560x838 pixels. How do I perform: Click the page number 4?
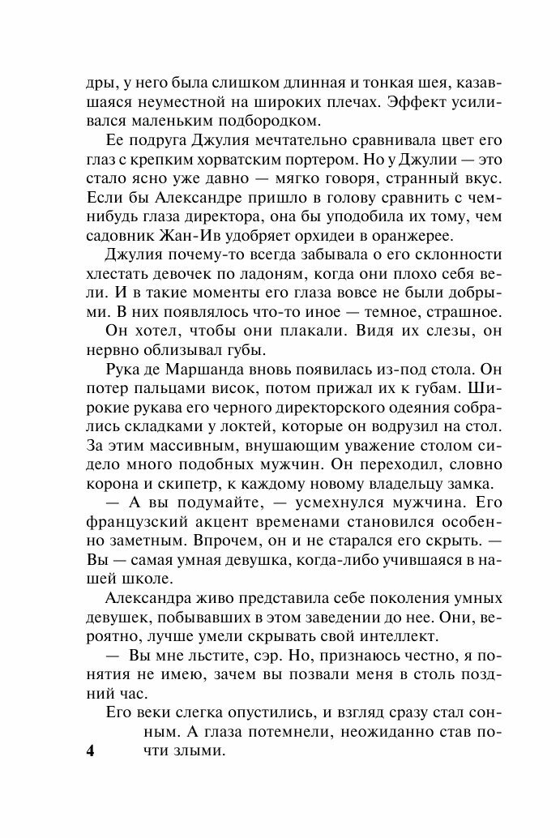point(90,751)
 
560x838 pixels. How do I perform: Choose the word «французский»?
point(134,522)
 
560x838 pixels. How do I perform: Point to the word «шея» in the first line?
point(425,83)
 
